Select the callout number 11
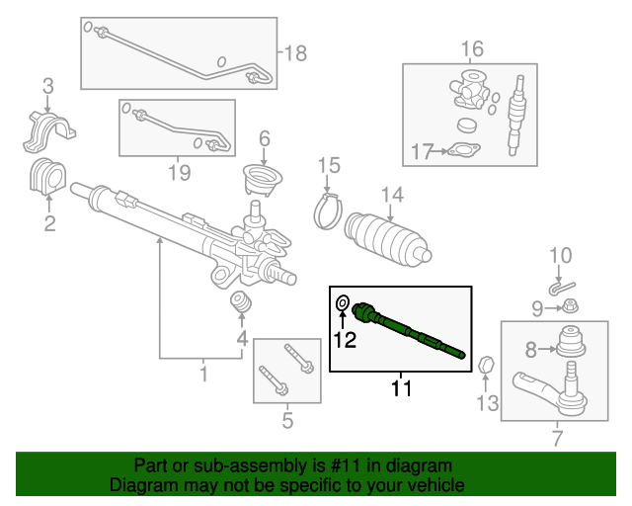click(399, 388)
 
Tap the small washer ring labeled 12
click(343, 303)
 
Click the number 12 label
click(343, 341)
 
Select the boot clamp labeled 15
click(329, 210)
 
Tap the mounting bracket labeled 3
click(49, 130)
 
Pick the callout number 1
click(203, 375)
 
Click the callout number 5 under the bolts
click(286, 422)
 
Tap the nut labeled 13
click(485, 368)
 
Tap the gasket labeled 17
click(460, 151)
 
